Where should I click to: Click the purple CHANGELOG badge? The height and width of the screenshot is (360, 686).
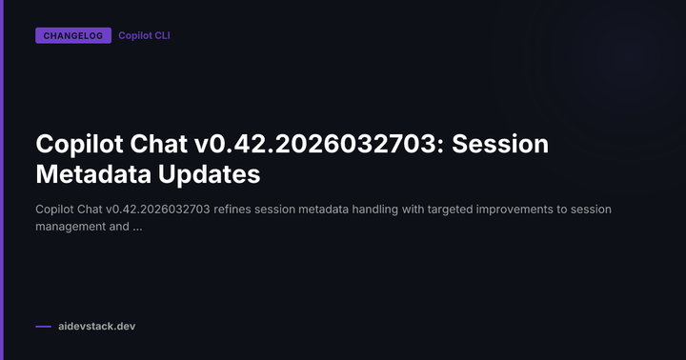click(72, 36)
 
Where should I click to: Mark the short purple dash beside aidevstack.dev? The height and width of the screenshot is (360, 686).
click(43, 327)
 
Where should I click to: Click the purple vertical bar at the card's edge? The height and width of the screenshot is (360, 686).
click(3, 180)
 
